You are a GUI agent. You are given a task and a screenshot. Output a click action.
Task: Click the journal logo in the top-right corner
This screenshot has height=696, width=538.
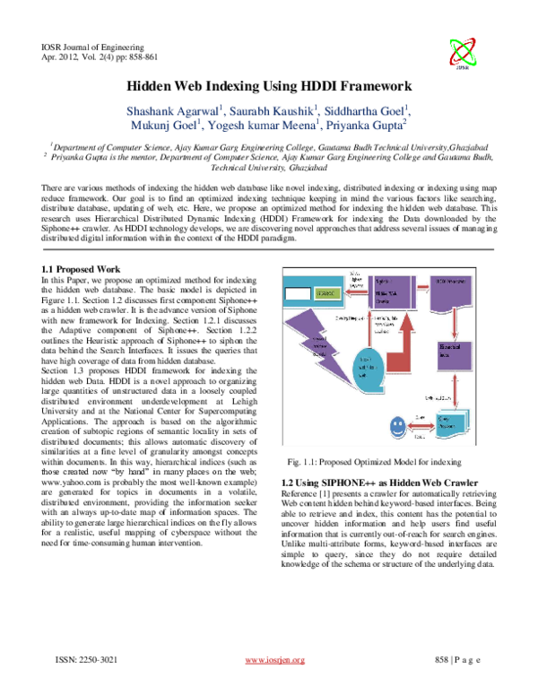(463, 54)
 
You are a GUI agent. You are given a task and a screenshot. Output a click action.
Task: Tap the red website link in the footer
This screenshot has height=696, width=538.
(275, 661)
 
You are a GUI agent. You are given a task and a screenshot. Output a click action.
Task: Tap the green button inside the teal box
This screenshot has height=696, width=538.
(327, 294)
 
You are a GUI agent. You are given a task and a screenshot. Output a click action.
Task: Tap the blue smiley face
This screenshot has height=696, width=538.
(396, 428)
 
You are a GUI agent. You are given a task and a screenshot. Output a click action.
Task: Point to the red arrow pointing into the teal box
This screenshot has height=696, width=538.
(356, 292)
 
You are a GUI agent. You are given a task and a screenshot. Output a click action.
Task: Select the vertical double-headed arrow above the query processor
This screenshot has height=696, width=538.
(456, 392)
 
